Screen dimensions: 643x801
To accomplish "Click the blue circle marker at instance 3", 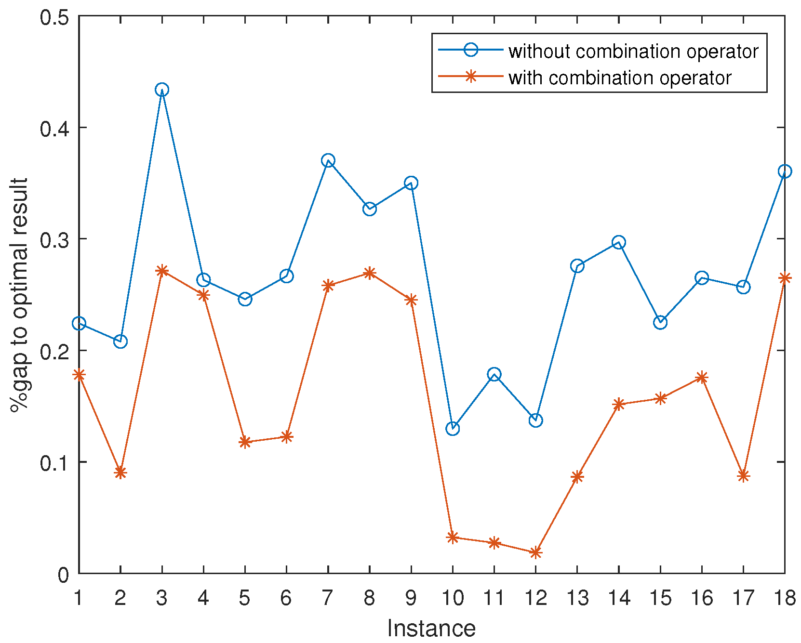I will point(162,90).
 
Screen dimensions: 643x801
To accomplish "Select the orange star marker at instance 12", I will point(535,552).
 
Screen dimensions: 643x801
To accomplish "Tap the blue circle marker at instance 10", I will point(453,428).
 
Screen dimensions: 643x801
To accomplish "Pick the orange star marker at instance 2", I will point(120,472).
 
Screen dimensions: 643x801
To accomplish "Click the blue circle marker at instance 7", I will point(328,160).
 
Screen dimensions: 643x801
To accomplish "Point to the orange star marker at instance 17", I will point(743,476).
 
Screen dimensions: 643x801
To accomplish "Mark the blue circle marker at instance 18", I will point(784,171).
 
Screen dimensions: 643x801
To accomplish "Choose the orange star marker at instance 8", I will point(370,273).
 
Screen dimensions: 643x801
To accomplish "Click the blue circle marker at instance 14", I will point(619,242).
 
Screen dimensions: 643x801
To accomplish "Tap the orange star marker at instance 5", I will point(245,442).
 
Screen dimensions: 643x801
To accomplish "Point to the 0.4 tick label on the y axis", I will point(55,128).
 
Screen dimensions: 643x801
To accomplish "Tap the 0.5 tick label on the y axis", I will point(55,17).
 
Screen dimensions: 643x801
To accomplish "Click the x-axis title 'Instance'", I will point(431,629).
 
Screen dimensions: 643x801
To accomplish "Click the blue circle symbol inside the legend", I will point(470,50).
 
